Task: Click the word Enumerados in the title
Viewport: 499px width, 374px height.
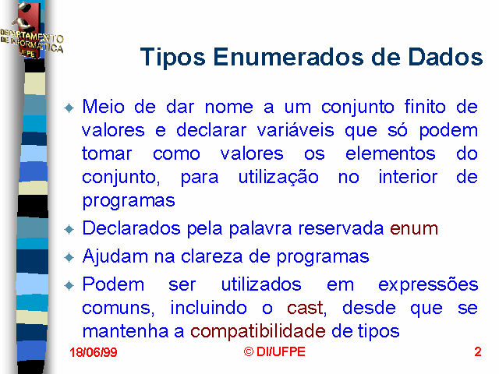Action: tap(288, 57)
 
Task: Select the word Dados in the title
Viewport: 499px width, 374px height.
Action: tap(445, 57)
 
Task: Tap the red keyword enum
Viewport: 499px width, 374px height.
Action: tap(414, 228)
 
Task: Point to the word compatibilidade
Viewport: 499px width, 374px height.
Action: tap(258, 332)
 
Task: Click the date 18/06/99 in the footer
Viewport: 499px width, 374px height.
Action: tap(94, 352)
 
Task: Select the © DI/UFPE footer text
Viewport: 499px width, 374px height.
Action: tap(274, 351)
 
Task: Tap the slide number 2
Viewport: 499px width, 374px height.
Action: tap(478, 351)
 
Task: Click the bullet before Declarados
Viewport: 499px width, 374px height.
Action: tap(69, 229)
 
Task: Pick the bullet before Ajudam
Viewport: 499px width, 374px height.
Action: tap(69, 257)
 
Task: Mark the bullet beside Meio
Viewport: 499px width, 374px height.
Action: tap(69, 108)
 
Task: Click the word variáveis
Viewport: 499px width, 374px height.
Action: tap(296, 130)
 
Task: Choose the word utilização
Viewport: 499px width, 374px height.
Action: tap(278, 178)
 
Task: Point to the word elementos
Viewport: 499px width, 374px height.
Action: tap(391, 153)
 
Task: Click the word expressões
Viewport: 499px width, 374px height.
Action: tap(428, 284)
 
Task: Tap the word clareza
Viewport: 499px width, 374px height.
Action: tap(211, 256)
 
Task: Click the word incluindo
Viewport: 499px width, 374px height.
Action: tap(208, 308)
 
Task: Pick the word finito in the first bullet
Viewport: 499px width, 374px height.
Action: tap(425, 107)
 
